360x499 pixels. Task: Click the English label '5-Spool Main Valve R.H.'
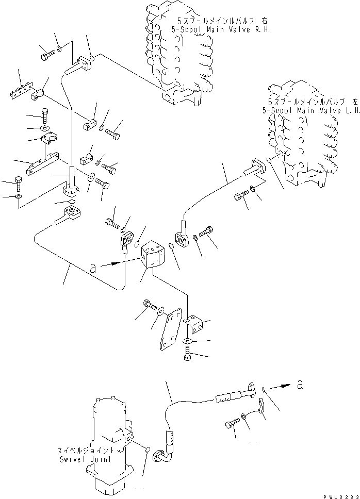click(223, 30)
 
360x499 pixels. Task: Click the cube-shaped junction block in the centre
click(153, 255)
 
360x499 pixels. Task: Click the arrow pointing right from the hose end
click(279, 385)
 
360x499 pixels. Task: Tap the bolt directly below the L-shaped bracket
click(187, 354)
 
